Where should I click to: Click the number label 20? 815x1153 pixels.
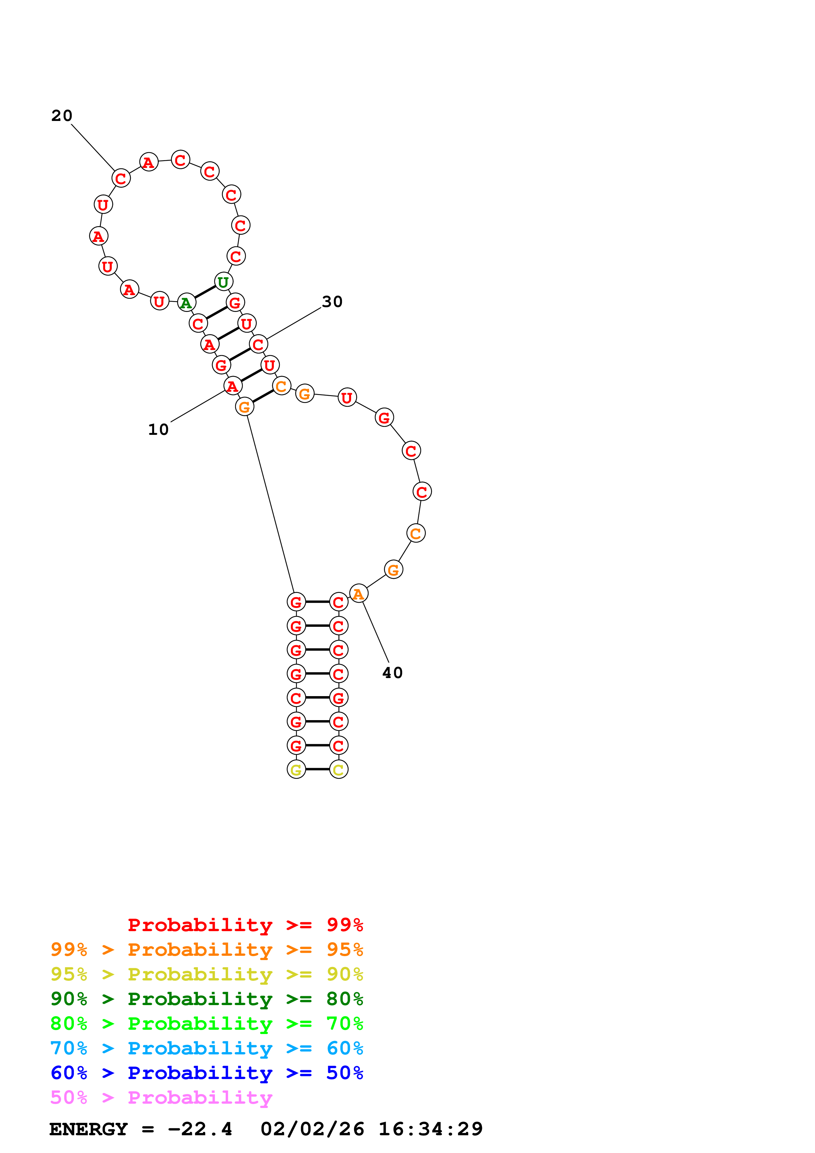click(62, 116)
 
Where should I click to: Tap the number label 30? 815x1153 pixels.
click(332, 302)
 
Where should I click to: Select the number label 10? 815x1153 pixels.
click(158, 429)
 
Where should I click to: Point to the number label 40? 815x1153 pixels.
click(392, 673)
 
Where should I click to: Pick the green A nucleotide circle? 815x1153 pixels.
click(186, 303)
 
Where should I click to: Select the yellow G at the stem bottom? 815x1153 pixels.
click(296, 769)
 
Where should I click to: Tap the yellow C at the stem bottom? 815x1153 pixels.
click(338, 769)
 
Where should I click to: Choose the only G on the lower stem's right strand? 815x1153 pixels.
click(338, 697)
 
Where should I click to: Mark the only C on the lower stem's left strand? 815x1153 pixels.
click(296, 697)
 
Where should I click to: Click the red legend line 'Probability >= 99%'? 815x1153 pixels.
click(245, 925)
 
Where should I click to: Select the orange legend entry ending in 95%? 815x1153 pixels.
click(206, 949)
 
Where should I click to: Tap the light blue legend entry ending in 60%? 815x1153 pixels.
click(206, 1048)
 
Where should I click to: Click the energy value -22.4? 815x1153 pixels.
click(200, 1129)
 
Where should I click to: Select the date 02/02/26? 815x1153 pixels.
click(312, 1129)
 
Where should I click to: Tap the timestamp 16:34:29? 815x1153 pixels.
click(430, 1129)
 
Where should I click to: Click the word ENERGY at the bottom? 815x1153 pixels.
click(88, 1129)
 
